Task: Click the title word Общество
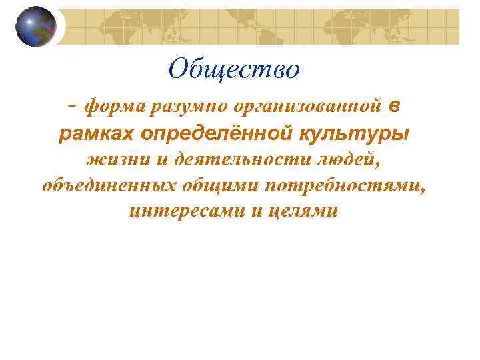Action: point(234,69)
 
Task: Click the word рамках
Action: point(97,134)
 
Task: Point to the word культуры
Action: point(352,134)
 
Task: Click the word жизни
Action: point(111,161)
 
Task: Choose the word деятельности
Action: point(233,161)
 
